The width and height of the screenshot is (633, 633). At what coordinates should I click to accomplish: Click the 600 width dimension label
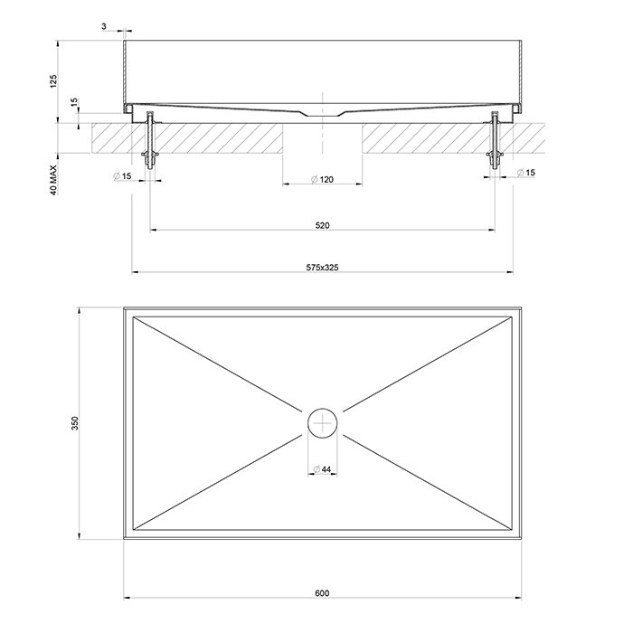(322, 593)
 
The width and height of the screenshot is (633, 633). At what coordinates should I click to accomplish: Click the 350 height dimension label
(75, 422)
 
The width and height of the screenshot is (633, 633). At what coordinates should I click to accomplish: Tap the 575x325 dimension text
(322, 268)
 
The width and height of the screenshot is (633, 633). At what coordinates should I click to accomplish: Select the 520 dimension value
(322, 224)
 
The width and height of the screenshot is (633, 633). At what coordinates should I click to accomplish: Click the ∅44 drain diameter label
(322, 468)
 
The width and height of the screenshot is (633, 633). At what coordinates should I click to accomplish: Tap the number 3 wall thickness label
(104, 27)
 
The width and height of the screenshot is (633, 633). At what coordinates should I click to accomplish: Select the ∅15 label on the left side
(123, 174)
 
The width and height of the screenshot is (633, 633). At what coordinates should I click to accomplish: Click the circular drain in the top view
(322, 421)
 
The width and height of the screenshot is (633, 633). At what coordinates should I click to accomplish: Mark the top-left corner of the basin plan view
(124, 307)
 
